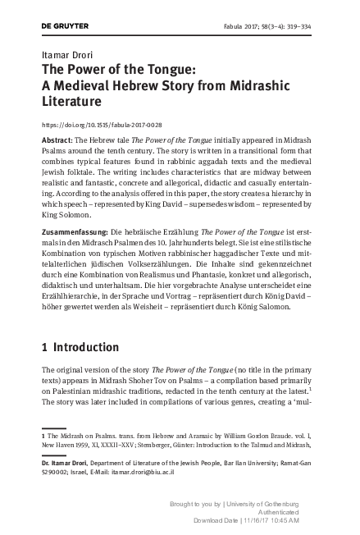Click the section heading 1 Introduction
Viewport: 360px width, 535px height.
click(x=80, y=347)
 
